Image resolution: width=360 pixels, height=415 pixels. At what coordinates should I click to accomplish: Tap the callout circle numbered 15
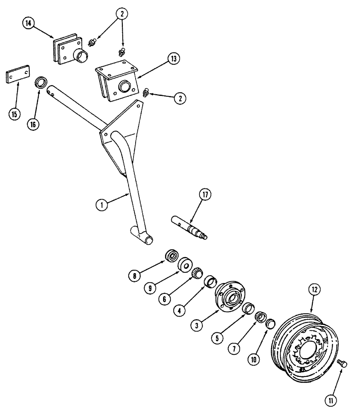tap(15, 113)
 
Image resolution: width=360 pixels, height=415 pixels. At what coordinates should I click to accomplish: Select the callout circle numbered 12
tap(314, 289)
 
